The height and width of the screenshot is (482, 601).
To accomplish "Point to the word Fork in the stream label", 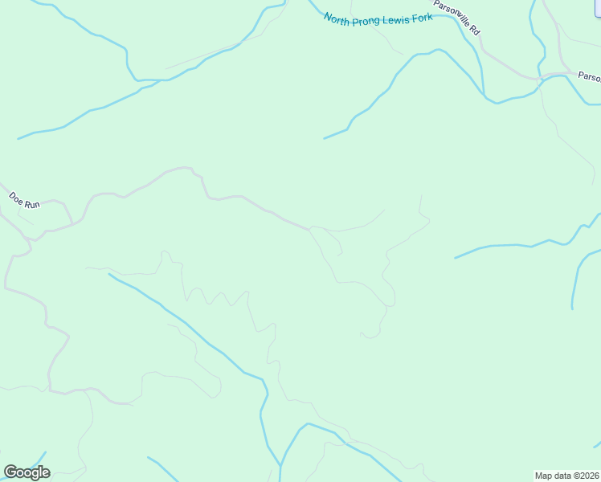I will pos(423,17).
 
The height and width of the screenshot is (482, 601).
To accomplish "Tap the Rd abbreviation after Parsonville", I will pos(475,31).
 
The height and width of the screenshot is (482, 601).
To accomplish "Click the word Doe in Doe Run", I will pos(15,196).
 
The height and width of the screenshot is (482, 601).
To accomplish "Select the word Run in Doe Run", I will pos(31,204).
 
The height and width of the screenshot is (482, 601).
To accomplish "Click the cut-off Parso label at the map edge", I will pos(589,77).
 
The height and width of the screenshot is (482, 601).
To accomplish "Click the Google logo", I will pos(27,472).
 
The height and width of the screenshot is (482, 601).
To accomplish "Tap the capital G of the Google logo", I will pos(10,472).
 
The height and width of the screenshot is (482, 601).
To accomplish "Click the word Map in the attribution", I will pos(544,475).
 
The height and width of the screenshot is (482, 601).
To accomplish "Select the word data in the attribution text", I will pos(562,475).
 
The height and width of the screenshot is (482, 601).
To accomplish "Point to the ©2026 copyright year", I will pos(587,475).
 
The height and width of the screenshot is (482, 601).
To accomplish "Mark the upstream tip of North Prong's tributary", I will pos(325,138).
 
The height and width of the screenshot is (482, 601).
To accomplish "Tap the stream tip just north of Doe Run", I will pos(18,139).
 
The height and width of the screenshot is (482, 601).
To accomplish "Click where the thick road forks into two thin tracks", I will pos(309,229).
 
